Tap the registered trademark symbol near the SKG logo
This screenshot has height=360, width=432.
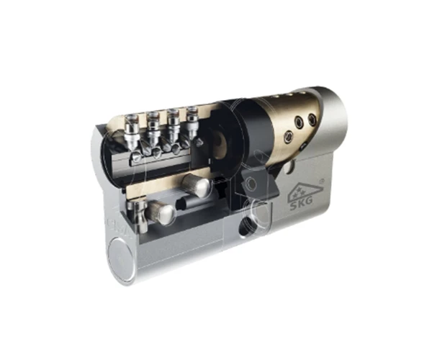pos(321,181)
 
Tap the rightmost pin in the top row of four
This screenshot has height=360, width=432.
pos(192,123)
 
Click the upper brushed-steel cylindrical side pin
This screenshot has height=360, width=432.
pos(197,185)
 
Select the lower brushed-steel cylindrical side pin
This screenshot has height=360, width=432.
pos(161,212)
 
